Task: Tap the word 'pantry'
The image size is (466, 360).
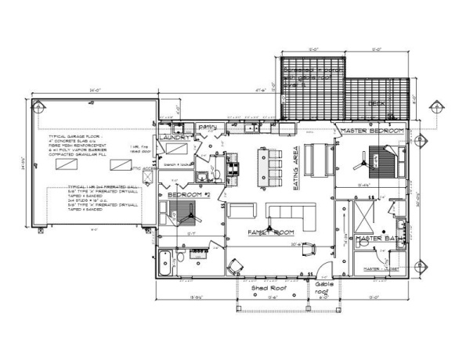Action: coord(207,125)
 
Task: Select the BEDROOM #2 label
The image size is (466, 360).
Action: coord(185,193)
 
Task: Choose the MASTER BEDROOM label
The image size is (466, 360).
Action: coord(373,130)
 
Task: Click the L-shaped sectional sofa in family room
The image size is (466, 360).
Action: coord(291,213)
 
